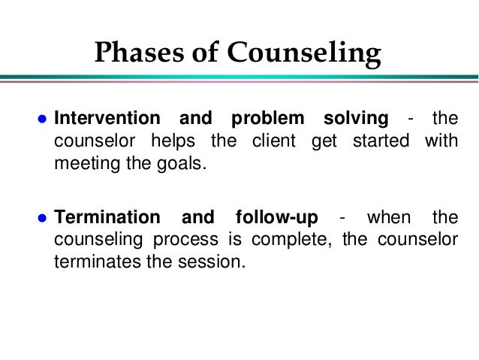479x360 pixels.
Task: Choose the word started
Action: tap(379, 141)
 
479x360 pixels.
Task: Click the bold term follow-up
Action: tap(276, 219)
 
